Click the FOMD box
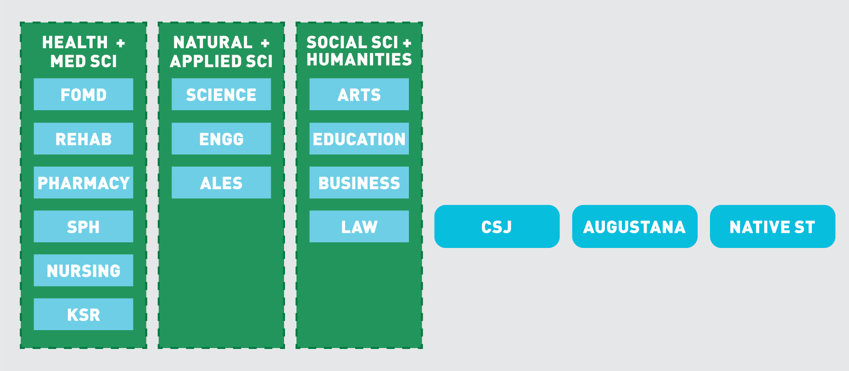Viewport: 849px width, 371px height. point(84,95)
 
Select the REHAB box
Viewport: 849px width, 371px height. point(84,139)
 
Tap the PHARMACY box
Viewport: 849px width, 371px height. point(84,183)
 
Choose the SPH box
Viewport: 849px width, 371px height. point(84,227)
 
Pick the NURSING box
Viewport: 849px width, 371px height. point(84,270)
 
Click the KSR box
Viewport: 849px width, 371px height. point(84,315)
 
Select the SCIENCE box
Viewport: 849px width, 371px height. point(221,95)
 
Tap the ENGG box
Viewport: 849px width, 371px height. point(221,139)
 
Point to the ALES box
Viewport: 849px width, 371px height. point(221,183)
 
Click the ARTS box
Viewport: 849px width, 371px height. point(359,95)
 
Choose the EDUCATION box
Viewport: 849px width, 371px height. point(359,139)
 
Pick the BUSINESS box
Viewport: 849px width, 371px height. point(359,183)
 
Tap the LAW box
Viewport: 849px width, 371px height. point(359,227)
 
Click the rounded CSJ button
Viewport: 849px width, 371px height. point(497,227)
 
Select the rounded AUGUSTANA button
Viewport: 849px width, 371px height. point(635,227)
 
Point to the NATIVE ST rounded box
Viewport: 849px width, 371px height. point(772,227)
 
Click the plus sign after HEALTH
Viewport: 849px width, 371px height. point(121,43)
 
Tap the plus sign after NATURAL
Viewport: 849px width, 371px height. point(265,43)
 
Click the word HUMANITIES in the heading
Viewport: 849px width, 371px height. point(359,60)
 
